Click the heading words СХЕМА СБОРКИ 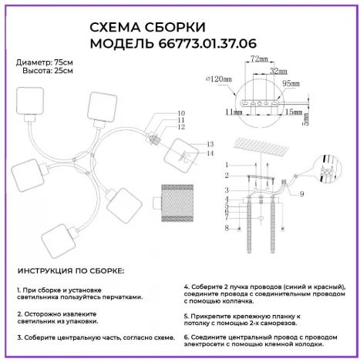138,28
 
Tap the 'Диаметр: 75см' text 45,62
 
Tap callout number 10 182,112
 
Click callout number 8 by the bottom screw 227,229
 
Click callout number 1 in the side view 227,165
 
